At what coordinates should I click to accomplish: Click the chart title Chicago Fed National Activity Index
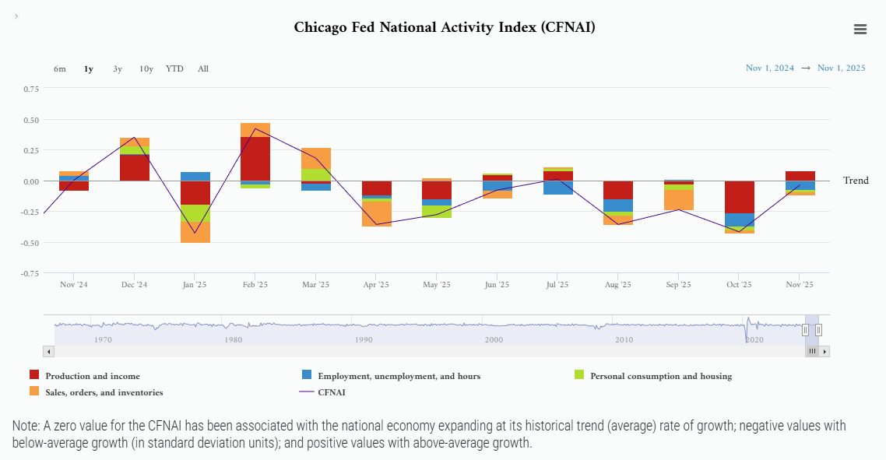tap(444, 27)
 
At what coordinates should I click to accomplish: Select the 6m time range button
tap(60, 69)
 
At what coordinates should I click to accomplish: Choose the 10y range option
tap(146, 69)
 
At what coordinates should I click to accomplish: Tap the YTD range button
tap(174, 69)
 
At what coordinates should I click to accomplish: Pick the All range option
tap(203, 69)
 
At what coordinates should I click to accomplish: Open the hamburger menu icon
tap(860, 30)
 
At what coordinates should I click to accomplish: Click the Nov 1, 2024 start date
tap(769, 68)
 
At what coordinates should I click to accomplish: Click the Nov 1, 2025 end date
tap(842, 68)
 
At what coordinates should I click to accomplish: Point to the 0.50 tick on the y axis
tap(32, 120)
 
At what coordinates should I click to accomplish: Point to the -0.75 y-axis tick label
tap(30, 273)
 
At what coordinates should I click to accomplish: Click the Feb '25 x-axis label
tap(255, 284)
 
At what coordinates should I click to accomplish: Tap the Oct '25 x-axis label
tap(739, 284)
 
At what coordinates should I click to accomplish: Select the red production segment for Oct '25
tap(740, 197)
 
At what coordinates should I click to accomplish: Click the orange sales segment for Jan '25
tap(195, 232)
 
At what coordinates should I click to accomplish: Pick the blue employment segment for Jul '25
tap(558, 188)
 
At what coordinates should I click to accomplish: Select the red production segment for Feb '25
tap(255, 159)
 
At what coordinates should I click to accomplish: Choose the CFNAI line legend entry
tap(322, 392)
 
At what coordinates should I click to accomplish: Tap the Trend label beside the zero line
tap(856, 181)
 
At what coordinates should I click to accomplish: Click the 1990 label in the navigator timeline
tap(364, 339)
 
